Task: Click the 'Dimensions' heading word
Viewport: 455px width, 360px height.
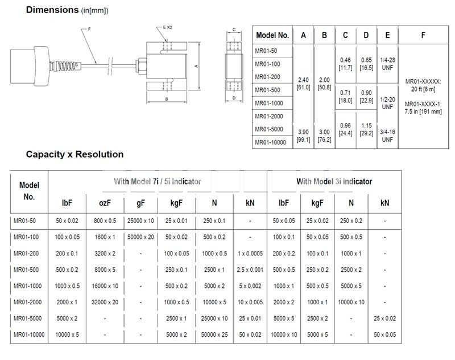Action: pos(52,10)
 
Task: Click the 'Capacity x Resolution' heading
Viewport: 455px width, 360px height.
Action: pos(75,154)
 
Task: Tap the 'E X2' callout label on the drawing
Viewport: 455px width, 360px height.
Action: pos(167,27)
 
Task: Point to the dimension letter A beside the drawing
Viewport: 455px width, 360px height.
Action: pos(196,66)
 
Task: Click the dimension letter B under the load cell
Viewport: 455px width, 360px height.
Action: pos(167,99)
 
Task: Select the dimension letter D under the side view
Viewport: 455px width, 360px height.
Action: pos(234,98)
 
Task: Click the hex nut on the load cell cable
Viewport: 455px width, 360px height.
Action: pos(141,66)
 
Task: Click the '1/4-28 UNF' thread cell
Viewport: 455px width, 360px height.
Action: pos(387,64)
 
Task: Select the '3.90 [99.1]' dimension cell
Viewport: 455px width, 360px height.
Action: pos(303,136)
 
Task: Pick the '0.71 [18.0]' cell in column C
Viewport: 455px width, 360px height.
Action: pos(345,97)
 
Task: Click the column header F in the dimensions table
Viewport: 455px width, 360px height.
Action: pos(423,35)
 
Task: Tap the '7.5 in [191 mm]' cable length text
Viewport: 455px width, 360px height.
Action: pos(423,111)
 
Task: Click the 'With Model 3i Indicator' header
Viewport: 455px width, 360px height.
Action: pos(334,181)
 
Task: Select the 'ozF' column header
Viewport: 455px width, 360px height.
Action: pos(105,203)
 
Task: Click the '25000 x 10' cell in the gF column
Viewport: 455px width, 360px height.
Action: pos(140,221)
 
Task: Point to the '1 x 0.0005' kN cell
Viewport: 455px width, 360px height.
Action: pos(250,254)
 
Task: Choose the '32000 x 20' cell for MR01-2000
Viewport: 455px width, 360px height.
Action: pos(105,302)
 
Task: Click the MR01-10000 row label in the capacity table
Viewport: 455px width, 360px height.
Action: pos(29,335)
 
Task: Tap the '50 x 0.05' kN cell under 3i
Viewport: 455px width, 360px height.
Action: pos(385,335)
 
